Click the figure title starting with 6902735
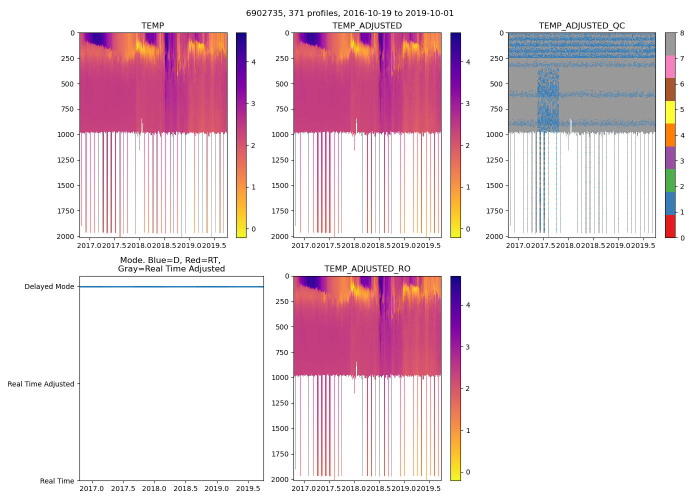pyautogui.click(x=350, y=13)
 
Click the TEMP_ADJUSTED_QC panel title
pyautogui.click(x=581, y=26)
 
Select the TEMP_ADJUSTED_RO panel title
pyautogui.click(x=367, y=269)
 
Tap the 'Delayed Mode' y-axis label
pyautogui.click(x=49, y=287)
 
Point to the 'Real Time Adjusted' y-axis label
pyautogui.click(x=40, y=384)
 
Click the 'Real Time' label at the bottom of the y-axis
pyautogui.click(x=57, y=481)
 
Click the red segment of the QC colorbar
pyautogui.click(x=670, y=226)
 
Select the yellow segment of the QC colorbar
pyautogui.click(x=670, y=112)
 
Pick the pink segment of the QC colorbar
pyautogui.click(x=670, y=67)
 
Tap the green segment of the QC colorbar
pyautogui.click(x=670, y=180)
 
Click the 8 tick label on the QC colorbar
pyautogui.click(x=682, y=33)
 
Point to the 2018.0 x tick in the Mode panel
pyautogui.click(x=154, y=488)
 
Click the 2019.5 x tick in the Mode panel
pyautogui.click(x=247, y=488)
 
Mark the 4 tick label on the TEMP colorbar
pyautogui.click(x=253, y=62)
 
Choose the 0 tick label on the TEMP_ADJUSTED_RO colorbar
pyautogui.click(x=468, y=472)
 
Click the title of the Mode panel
pyautogui.click(x=171, y=264)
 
